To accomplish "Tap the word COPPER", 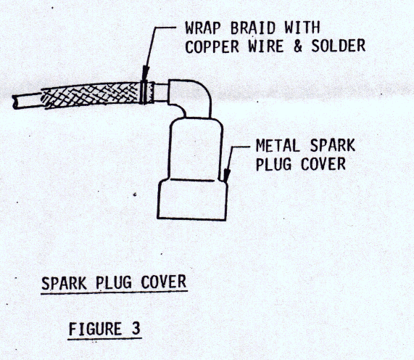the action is coord(212,46).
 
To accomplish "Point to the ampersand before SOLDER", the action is coord(297,46).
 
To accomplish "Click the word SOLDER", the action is coord(339,46).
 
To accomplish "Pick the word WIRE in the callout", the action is coord(266,46).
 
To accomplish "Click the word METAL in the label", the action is coord(278,146).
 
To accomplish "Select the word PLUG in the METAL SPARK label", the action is coord(273,164).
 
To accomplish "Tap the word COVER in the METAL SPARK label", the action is coord(323,164).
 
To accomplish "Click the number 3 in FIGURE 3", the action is coord(136,329).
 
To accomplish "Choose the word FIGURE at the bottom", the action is coord(95,329).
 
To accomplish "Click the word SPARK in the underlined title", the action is coord(64,283).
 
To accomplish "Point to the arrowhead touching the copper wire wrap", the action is coord(145,73).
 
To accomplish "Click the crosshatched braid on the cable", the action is coord(91,95).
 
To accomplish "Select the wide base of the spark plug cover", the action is coord(192,200).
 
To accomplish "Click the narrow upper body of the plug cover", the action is coord(195,149).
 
